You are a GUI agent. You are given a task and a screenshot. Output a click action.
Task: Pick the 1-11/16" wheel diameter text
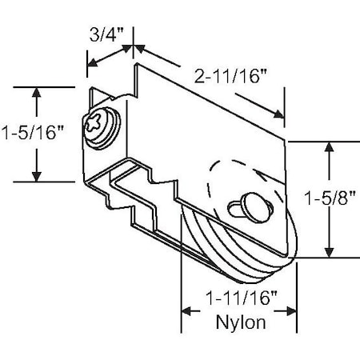[x=239, y=301]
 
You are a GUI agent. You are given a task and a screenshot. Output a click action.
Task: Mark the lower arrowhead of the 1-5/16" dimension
[x=36, y=177]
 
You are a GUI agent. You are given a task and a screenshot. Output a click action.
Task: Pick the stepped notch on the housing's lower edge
[x=140, y=200]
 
